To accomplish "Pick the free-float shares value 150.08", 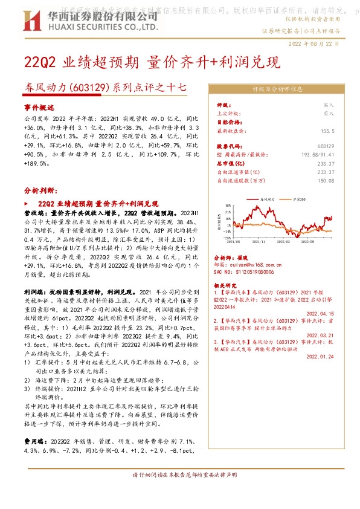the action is click(326, 180).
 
